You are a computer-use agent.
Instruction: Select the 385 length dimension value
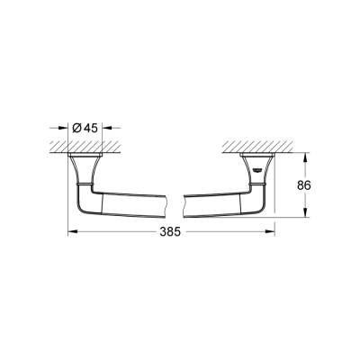170,231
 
